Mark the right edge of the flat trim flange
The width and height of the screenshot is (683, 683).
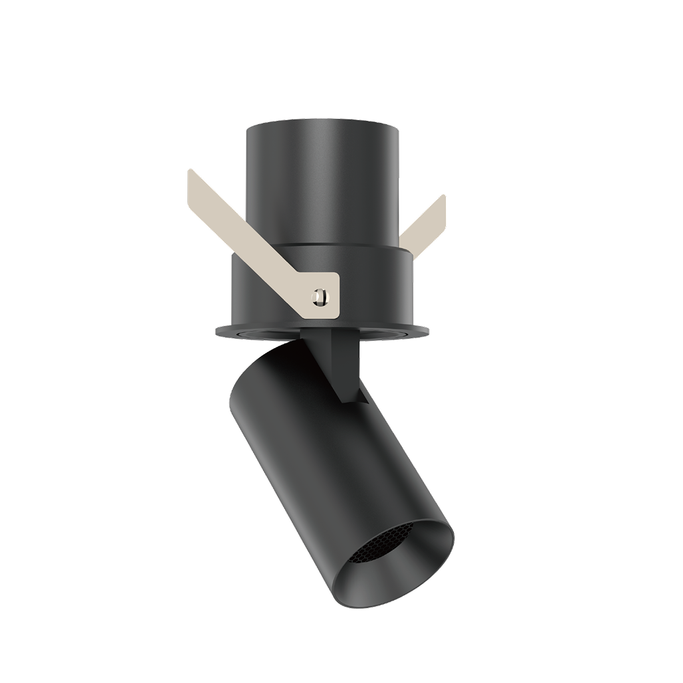click(x=428, y=329)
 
